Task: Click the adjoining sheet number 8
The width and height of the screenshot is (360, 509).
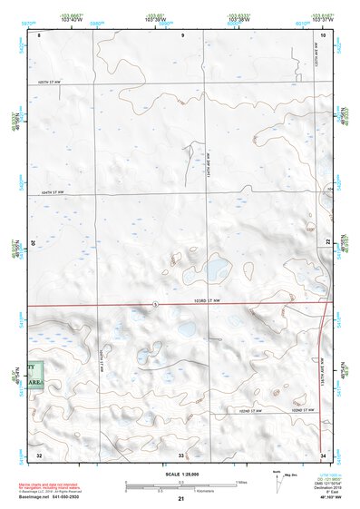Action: (39, 34)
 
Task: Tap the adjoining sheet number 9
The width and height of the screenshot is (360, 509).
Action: (182, 34)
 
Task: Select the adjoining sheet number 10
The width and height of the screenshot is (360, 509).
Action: (323, 34)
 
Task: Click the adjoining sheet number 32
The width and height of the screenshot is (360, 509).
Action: (39, 453)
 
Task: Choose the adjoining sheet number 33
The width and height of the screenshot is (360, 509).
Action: (182, 453)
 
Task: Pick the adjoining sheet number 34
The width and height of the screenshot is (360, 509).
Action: (323, 453)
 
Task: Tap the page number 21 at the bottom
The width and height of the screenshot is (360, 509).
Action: (181, 499)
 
